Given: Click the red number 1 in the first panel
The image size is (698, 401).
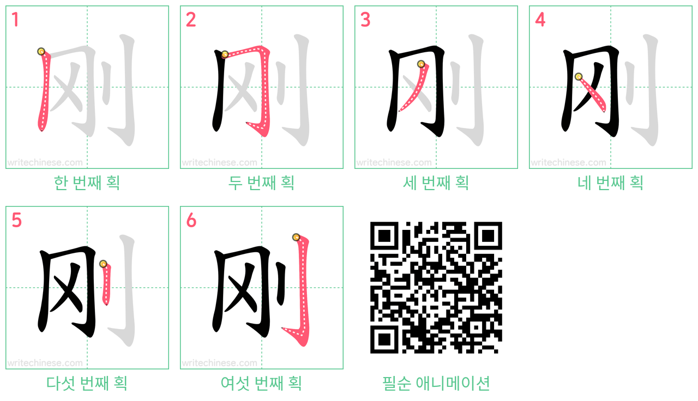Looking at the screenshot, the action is coord(15,20).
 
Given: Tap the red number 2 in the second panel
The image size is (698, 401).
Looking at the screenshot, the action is coord(191,20).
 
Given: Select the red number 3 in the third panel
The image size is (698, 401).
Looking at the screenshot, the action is coord(365,20).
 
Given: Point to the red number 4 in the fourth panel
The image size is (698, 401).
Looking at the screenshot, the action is coord(540,20).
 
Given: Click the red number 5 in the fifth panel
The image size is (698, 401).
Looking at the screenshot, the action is coord(16,220).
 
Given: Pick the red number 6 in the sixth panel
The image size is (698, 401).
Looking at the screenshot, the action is coord(191,220).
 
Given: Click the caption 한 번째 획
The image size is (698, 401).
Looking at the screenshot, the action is coord(87,183).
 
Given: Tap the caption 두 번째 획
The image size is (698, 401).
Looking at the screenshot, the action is coord(261,183).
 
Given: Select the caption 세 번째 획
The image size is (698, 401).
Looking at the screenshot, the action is coord(436,183).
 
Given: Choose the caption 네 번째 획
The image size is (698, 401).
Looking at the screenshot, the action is coord(610,183).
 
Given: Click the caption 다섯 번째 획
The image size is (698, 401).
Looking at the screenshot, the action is coord(87,383).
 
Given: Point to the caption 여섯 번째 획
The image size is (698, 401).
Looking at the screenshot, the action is coord(261,383).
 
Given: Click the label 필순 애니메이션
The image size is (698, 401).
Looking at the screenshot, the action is coord(436,383).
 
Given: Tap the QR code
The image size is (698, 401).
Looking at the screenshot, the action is coord(436,287).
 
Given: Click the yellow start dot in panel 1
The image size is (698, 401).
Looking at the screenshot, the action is coord(41,51).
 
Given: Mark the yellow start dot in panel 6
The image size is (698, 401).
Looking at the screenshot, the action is coord(296,237).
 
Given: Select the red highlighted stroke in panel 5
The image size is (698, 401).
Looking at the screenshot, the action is coord(106,283).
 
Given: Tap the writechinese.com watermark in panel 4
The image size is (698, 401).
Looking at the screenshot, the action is coord(568,162).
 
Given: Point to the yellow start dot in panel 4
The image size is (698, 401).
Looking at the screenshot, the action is coord(579,77).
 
